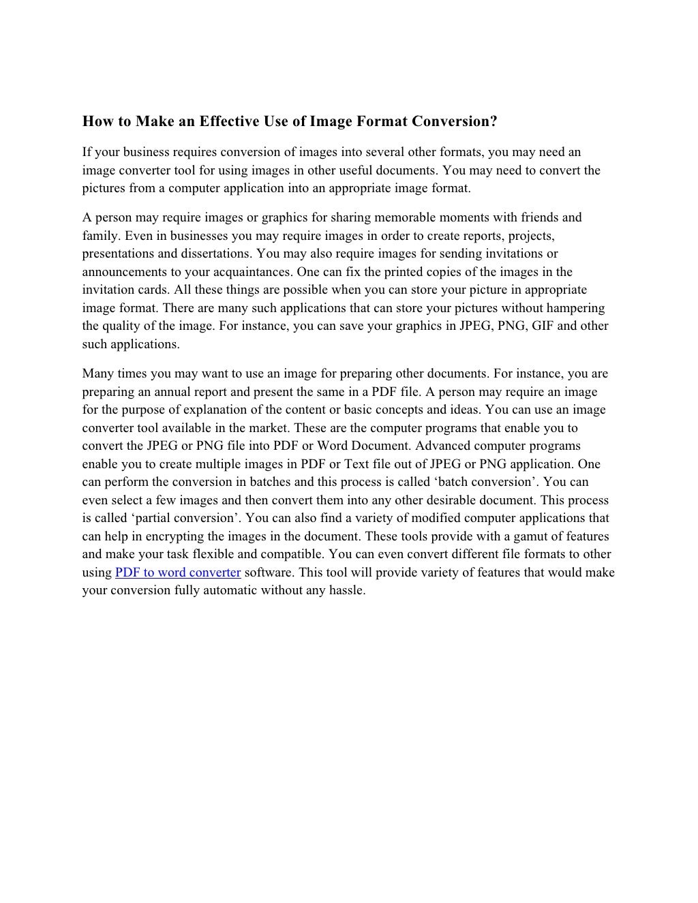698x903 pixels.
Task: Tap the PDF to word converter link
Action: coord(178,572)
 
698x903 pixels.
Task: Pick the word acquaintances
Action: coord(256,272)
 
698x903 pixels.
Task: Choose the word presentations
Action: coord(118,254)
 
